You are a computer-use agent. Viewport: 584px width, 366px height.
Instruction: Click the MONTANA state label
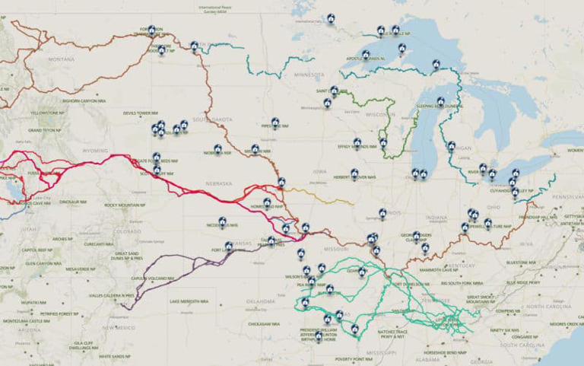click(61, 59)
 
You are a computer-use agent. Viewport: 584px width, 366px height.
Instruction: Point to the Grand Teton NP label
click(44, 131)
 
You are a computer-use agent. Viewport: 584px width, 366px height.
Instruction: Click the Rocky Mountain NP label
click(125, 205)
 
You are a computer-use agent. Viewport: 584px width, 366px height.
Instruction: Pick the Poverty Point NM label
click(351, 358)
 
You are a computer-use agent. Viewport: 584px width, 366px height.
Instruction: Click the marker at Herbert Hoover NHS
click(354, 173)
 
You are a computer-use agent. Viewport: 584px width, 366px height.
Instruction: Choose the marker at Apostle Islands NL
click(366, 54)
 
